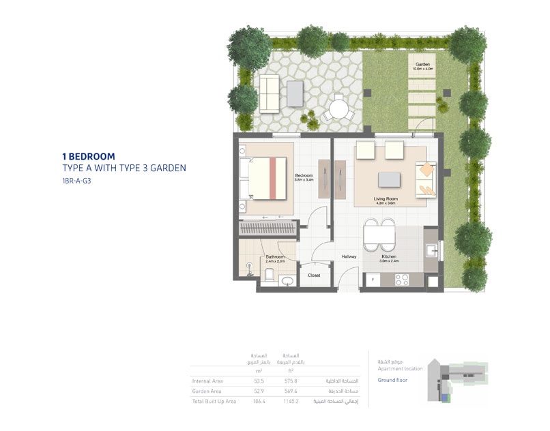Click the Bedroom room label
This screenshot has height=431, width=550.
tap(304, 175)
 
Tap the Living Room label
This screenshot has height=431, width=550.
tap(386, 199)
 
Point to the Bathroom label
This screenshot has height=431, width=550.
tap(275, 256)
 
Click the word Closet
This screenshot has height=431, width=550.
tap(314, 276)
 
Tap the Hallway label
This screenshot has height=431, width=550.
tap(349, 256)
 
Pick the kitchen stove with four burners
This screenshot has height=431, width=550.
tap(402, 279)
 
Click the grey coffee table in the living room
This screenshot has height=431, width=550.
tap(390, 178)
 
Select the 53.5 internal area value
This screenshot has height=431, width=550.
tap(259, 381)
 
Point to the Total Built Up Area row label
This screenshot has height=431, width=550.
tap(214, 401)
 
